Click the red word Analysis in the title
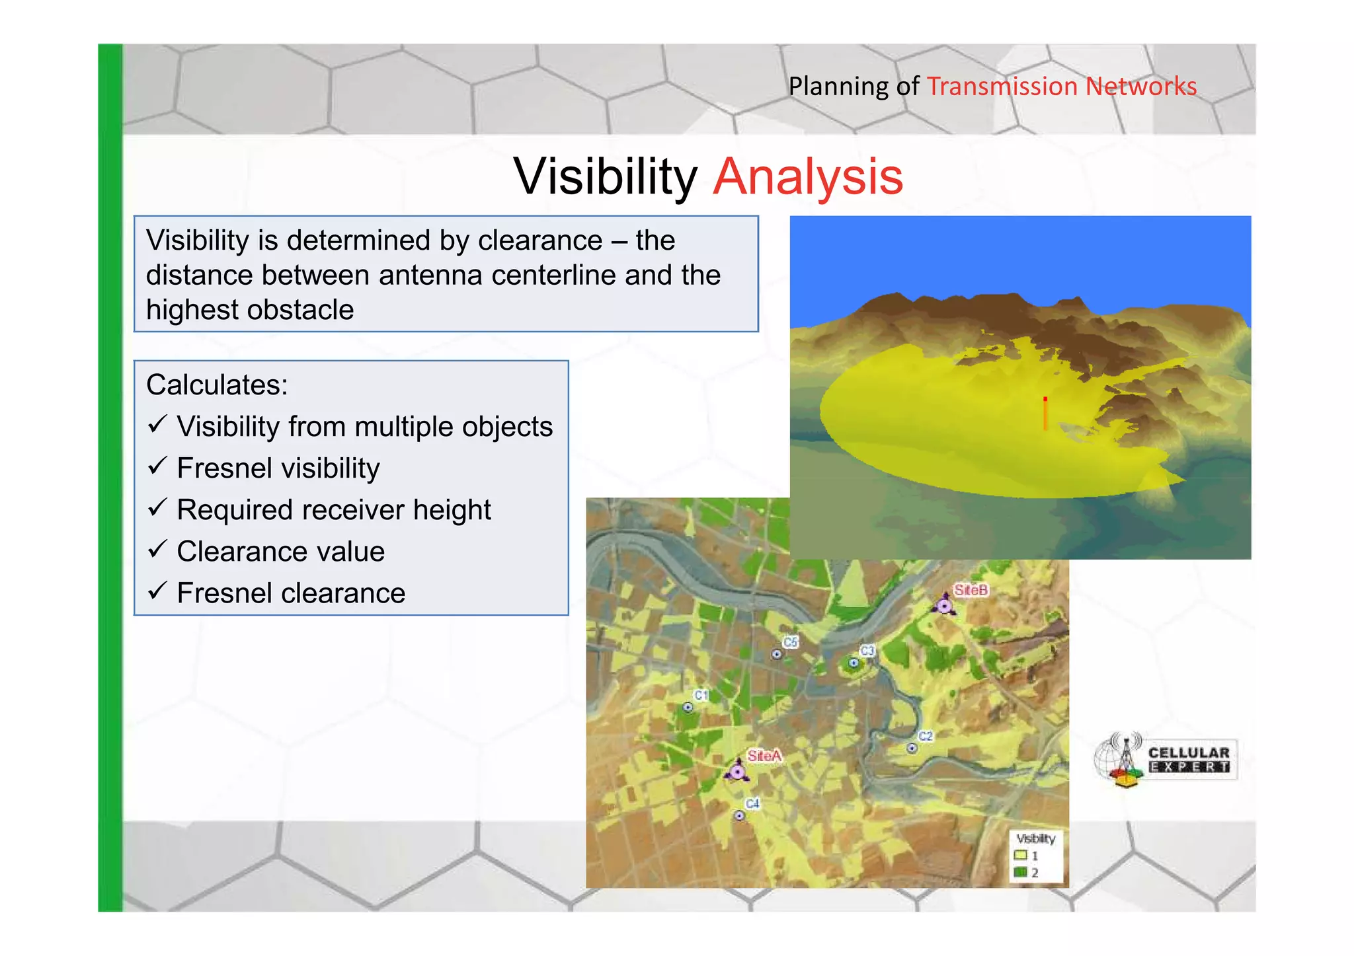point(808,177)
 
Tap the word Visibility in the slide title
point(605,177)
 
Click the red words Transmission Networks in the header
point(1061,87)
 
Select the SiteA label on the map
point(764,755)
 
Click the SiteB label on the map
point(971,589)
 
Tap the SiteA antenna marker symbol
point(737,771)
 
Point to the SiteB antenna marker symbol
point(945,605)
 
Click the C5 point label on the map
point(791,642)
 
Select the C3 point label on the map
point(867,651)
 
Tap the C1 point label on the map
point(701,695)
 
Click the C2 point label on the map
point(926,736)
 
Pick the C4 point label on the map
point(752,803)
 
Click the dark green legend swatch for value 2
point(1020,872)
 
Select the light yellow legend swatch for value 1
point(1020,855)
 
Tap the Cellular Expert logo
point(1165,760)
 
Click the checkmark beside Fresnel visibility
point(157,466)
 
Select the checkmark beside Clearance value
point(157,550)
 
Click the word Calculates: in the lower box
point(217,385)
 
